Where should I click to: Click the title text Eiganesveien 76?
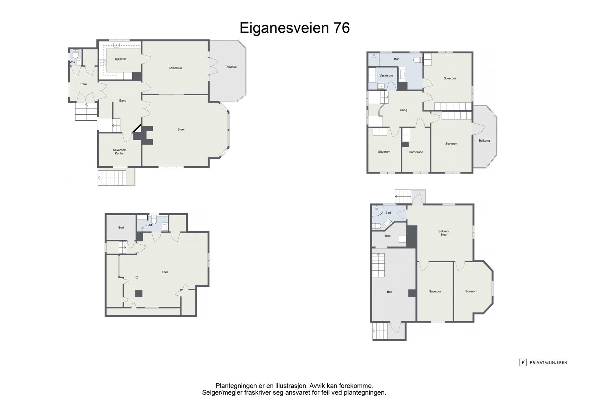(294, 28)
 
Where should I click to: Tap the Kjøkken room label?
(120, 59)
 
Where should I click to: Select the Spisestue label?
(175, 68)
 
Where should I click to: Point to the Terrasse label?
(230, 67)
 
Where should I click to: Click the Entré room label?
(83, 84)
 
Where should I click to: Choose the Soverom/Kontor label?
(119, 152)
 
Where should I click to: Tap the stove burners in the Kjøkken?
(103, 63)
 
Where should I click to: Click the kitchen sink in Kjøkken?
(116, 45)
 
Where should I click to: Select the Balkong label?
(484, 141)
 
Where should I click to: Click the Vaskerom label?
(386, 76)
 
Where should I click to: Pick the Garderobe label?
(416, 152)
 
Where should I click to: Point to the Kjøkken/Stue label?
(443, 233)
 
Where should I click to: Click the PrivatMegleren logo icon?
(522, 362)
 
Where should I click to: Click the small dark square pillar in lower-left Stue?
(139, 294)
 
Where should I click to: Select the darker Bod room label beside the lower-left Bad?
(121, 228)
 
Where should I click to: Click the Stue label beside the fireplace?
(180, 129)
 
